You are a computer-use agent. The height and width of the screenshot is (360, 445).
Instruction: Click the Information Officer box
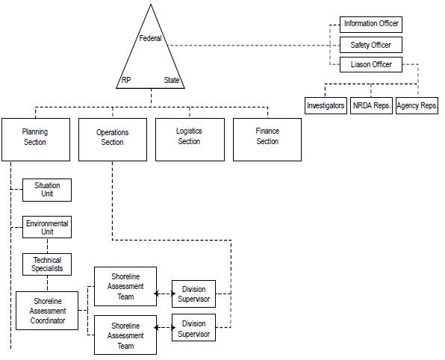point(370,25)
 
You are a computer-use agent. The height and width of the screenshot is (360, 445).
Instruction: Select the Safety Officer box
point(370,45)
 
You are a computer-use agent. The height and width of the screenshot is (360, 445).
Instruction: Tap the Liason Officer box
point(370,64)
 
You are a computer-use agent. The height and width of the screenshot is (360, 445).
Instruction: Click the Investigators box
point(326,105)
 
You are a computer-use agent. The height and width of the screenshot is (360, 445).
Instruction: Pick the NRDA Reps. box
point(371,105)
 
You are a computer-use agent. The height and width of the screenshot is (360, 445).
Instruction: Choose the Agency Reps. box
point(417,105)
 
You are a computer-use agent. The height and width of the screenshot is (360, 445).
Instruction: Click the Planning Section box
point(36,140)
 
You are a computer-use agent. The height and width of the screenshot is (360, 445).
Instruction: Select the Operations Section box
point(113,140)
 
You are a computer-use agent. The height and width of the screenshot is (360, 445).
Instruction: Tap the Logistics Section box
point(190,140)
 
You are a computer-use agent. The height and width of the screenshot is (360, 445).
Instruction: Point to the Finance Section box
point(267,140)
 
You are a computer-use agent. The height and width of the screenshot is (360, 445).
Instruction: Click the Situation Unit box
point(47,190)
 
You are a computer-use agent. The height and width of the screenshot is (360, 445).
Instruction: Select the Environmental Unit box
point(47,227)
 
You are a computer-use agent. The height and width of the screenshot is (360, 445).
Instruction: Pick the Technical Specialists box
point(47,264)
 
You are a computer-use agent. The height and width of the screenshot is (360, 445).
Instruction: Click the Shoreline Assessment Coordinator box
point(47,311)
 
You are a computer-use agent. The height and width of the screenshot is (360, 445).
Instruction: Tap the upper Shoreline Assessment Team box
point(125,286)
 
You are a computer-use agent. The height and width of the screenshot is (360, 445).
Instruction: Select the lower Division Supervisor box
point(193,327)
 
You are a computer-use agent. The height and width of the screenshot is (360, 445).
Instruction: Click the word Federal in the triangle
point(150,38)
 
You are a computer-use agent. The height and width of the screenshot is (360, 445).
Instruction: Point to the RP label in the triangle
point(126,80)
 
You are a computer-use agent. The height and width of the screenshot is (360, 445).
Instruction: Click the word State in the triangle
point(172,80)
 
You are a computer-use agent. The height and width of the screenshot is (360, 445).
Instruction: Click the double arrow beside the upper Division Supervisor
point(164,294)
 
